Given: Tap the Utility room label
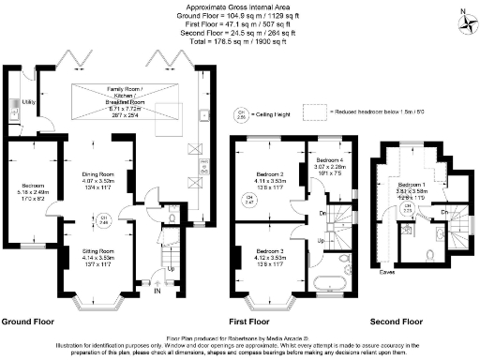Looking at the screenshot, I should [29, 101].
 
